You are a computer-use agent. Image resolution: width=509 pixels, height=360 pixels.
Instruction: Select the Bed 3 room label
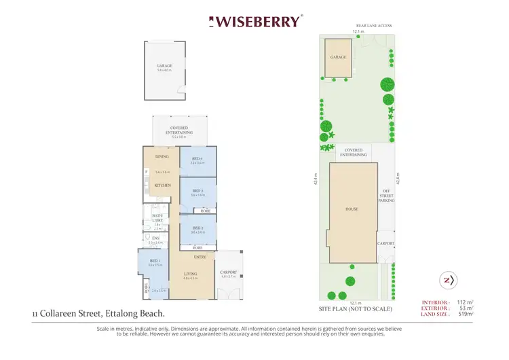coord(198,191)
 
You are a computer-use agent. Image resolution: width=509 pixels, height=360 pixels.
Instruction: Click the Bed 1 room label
coord(155,261)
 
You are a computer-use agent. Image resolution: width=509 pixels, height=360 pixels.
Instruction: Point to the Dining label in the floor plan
coord(162,157)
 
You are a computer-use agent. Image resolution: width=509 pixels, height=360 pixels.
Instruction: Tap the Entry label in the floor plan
coord(200,257)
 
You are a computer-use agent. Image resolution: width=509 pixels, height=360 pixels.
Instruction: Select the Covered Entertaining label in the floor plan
coord(179,130)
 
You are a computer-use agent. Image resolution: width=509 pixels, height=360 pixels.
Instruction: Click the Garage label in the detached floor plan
coord(165,66)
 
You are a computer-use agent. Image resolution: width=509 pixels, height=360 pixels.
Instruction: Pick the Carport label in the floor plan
coord(229,272)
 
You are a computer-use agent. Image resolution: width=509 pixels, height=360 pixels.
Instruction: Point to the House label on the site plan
coord(352,209)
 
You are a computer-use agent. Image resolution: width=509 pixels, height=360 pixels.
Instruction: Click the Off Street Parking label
coord(385,196)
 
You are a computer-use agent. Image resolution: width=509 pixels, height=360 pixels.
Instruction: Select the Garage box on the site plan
coord(339,58)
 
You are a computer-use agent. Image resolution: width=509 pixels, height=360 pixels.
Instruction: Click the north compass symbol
coord(448,279)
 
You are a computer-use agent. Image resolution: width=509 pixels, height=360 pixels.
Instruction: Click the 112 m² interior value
coord(463,302)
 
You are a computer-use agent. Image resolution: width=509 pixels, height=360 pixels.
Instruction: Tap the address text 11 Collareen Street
coord(98,313)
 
